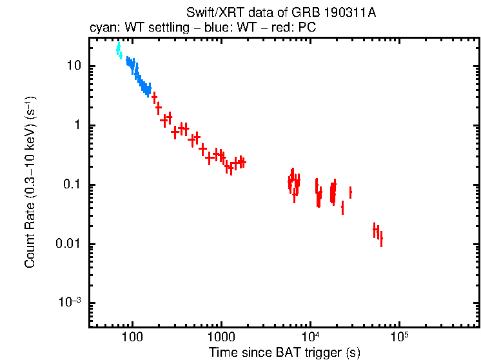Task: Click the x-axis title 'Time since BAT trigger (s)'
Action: pos(284,352)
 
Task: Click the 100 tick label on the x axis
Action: pos(132,337)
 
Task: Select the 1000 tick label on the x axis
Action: pos(221,337)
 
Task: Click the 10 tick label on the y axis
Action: pos(74,66)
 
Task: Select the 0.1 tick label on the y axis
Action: pos(72,185)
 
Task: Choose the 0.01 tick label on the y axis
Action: pos(70,245)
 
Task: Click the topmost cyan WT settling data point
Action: pos(118,48)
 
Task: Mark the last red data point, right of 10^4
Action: pos(381,240)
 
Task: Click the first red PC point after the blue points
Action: pos(154,97)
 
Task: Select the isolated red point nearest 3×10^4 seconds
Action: pos(350,192)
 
